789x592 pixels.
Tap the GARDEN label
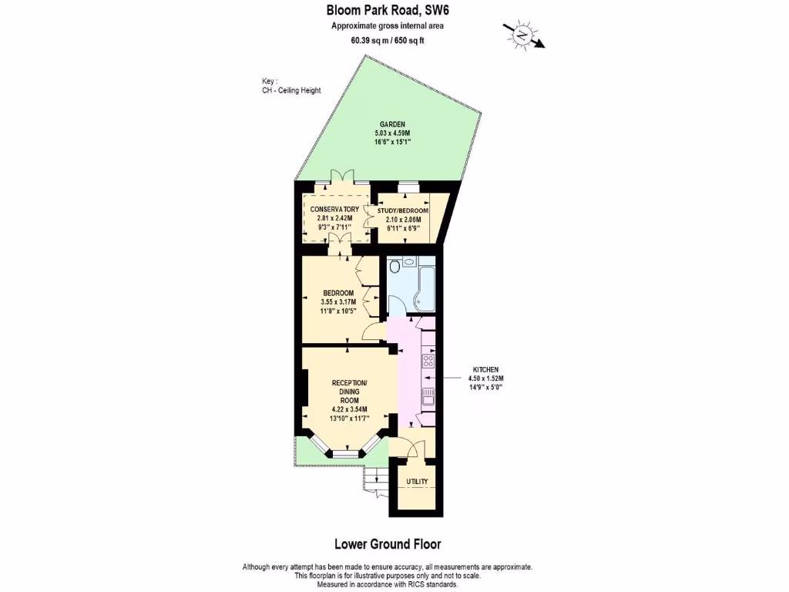(x=391, y=125)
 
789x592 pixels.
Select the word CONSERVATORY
(x=334, y=210)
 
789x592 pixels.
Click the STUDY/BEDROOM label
(x=402, y=210)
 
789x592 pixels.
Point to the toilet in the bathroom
(x=395, y=267)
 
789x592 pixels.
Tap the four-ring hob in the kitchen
(x=428, y=361)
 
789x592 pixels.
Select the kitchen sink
(x=428, y=396)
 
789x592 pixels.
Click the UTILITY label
(x=417, y=482)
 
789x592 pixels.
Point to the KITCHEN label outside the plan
(x=486, y=370)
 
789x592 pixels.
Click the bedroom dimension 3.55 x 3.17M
(x=338, y=302)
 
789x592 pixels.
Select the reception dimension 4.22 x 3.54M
(x=349, y=409)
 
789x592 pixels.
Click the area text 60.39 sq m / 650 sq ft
(x=387, y=40)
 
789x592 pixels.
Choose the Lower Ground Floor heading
(x=388, y=544)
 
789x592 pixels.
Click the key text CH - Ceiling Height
(x=291, y=90)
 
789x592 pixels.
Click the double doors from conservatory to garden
(x=341, y=176)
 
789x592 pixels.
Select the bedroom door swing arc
(x=373, y=332)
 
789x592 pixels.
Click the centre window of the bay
(x=346, y=454)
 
